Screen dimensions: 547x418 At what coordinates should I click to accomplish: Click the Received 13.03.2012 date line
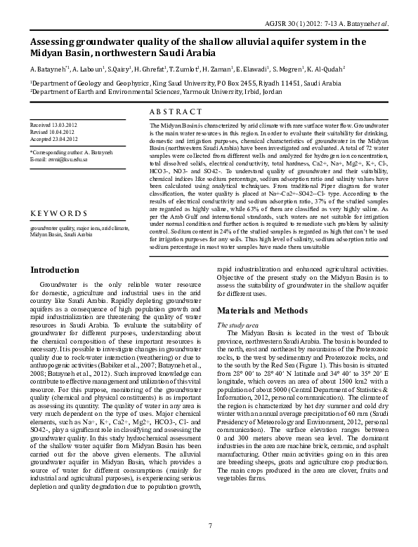(54, 123)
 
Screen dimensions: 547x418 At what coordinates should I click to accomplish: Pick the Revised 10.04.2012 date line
(53, 131)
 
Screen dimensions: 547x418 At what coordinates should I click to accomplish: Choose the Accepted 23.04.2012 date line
(54, 138)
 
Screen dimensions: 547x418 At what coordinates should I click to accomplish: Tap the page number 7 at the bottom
(209, 525)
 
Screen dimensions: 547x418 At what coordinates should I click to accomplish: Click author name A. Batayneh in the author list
(49, 70)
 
